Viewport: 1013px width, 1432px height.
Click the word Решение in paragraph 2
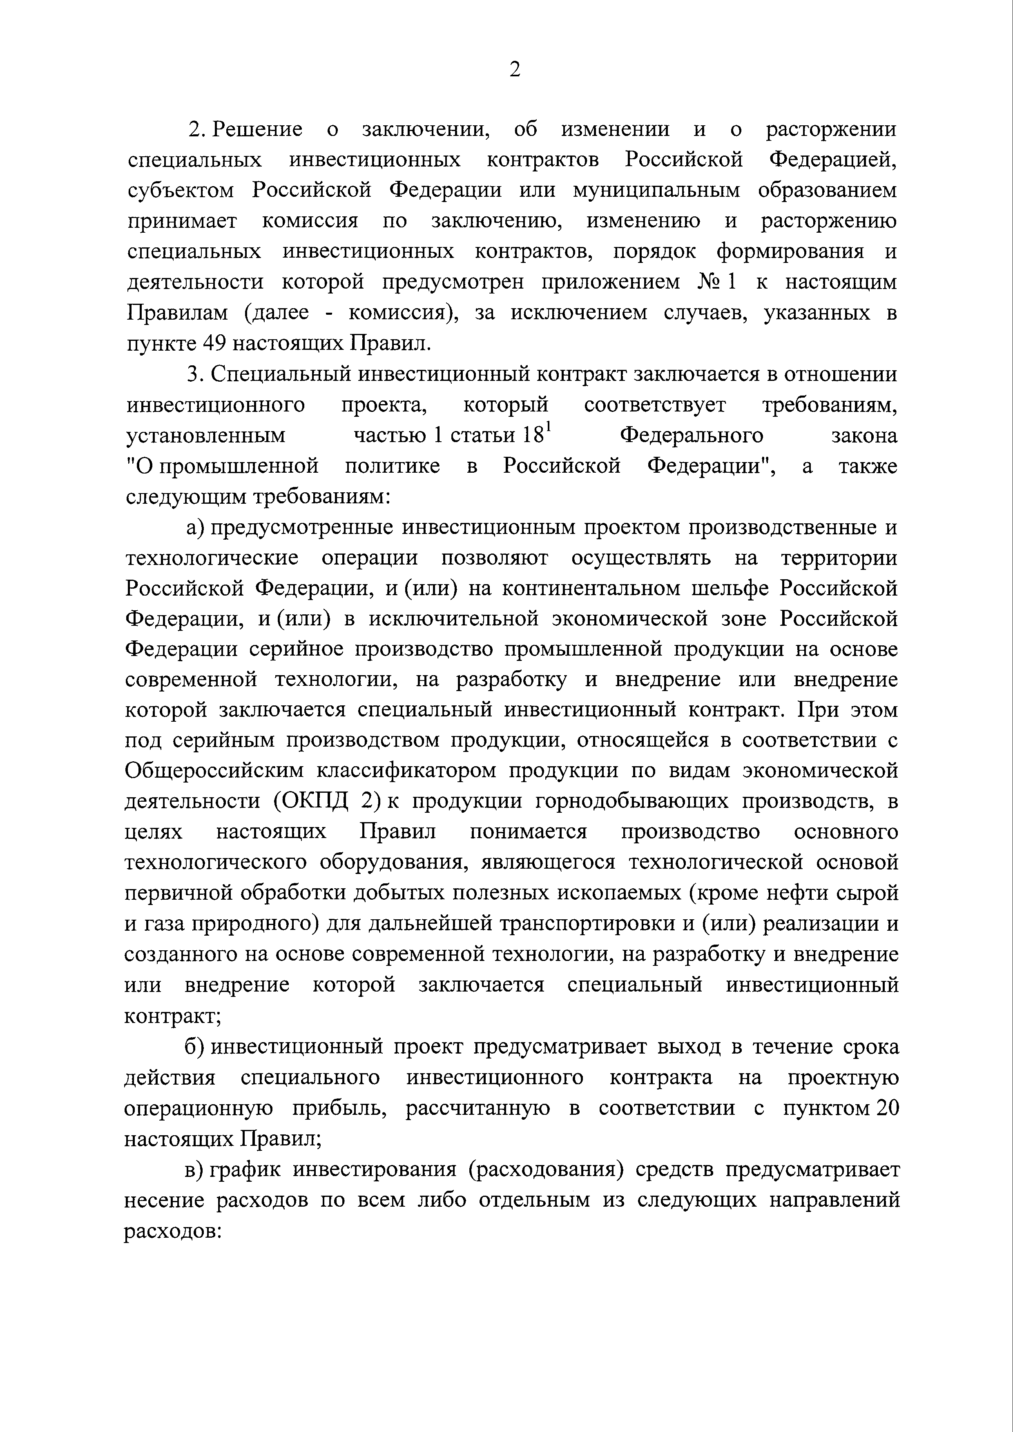[x=257, y=130]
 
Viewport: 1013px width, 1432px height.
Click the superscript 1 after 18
[x=549, y=428]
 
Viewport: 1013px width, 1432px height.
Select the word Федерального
[x=692, y=435]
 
